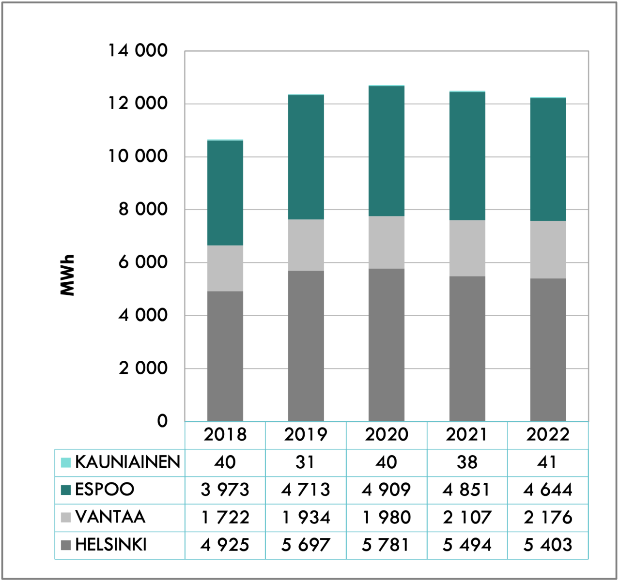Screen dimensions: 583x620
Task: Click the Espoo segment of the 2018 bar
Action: [225, 193]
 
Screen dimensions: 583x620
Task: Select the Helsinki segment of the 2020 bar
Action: [387, 345]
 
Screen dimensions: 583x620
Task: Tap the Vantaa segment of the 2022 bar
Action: [548, 249]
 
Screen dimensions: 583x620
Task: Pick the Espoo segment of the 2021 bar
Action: [467, 156]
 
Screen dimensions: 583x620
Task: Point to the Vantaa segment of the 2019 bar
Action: [306, 245]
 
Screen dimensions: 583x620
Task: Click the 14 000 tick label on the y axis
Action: [138, 50]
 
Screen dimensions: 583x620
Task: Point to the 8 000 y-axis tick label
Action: [143, 209]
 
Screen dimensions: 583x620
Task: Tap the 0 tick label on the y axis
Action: [162, 421]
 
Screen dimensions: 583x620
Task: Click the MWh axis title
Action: [68, 275]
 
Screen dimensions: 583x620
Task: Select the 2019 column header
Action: [306, 435]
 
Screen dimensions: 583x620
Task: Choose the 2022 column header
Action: [548, 435]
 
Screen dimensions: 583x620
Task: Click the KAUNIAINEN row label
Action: [127, 462]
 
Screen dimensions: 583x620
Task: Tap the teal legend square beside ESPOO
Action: [66, 490]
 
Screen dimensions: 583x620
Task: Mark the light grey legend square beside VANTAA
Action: [66, 518]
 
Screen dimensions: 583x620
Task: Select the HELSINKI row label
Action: [111, 545]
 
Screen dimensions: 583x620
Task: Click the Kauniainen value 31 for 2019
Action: [306, 462]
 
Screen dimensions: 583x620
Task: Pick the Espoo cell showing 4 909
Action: [387, 490]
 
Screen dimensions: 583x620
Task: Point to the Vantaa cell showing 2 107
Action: [467, 517]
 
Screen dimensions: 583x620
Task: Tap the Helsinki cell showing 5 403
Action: [548, 545]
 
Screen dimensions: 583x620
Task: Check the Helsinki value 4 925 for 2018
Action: [225, 545]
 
